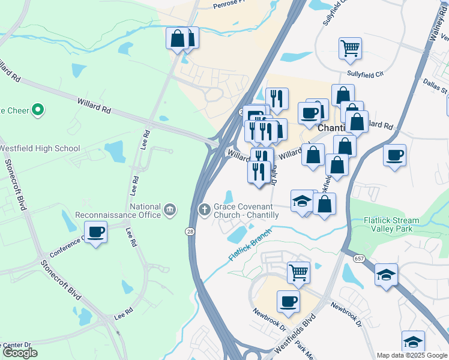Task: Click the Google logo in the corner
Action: pos(20,353)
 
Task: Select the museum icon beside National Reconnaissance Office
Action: pos(170,209)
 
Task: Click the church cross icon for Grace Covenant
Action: pos(203,209)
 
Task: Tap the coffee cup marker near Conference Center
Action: pos(96,232)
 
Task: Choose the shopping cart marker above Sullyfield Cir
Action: pos(350,47)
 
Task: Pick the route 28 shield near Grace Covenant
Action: pos(190,231)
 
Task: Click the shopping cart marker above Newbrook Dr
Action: pos(298,272)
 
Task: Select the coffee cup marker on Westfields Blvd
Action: pos(288,301)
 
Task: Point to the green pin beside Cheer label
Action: pos(38,110)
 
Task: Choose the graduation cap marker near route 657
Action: pos(386,275)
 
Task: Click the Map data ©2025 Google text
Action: pos(412,355)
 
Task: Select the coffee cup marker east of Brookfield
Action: pos(394,155)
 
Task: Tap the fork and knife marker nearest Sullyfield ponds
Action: pos(277,98)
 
